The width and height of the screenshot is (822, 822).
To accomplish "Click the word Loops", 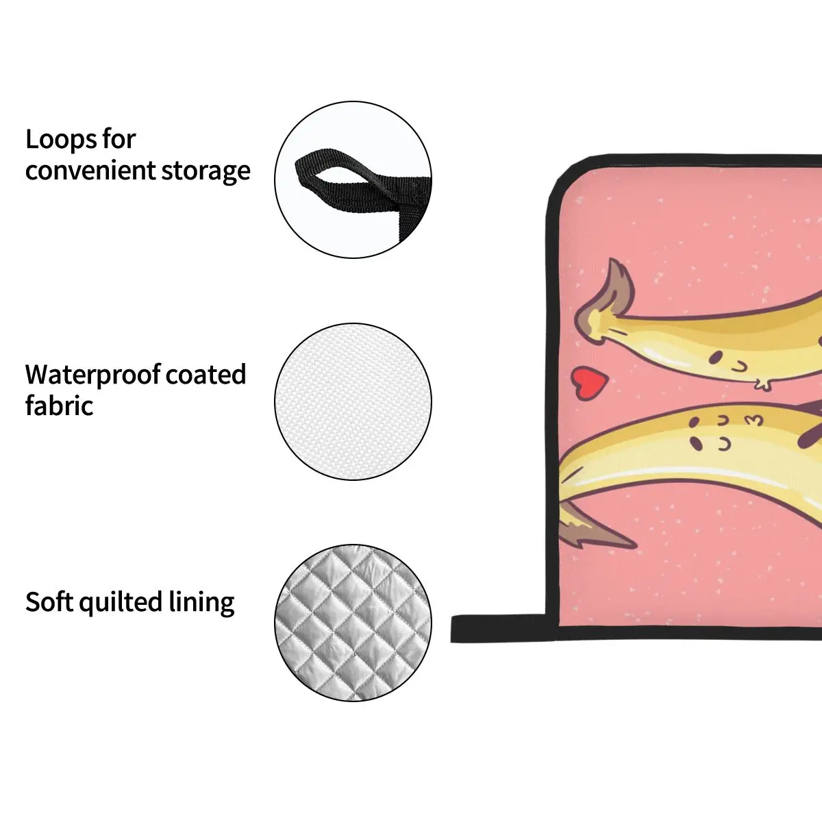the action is click(x=60, y=140).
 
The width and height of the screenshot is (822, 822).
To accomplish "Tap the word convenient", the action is click(x=89, y=171).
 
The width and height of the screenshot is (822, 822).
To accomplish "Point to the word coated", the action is click(x=206, y=375).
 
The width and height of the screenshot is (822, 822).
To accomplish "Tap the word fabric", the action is click(x=59, y=406).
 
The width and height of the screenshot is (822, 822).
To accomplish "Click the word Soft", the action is click(x=49, y=602).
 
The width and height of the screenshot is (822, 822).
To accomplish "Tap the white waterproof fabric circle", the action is click(x=353, y=401).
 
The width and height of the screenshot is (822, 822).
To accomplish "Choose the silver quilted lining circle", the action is click(x=353, y=623).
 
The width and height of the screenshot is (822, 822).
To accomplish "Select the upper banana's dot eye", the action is click(x=715, y=356).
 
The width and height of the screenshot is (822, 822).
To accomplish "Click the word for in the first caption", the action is click(x=119, y=140).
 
